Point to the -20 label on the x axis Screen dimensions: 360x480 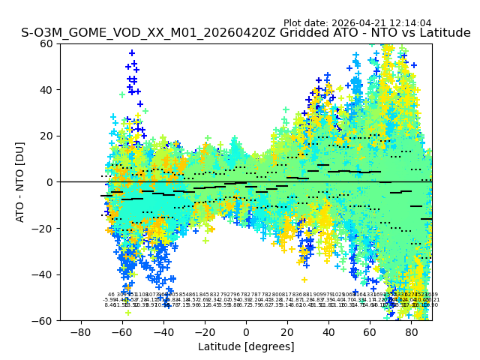click(x=204, y=331)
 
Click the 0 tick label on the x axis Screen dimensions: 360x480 click(x=246, y=331)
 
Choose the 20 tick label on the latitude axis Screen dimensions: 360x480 click(x=287, y=331)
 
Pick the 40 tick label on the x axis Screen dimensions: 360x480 click(x=328, y=331)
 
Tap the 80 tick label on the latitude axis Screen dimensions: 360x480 click(x=412, y=331)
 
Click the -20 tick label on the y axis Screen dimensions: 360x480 click(x=44, y=229)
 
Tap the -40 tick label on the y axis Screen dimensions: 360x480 click(x=44, y=274)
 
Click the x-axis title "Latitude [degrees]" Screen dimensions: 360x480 click(x=246, y=346)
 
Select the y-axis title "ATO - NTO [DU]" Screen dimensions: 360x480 click(x=21, y=182)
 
